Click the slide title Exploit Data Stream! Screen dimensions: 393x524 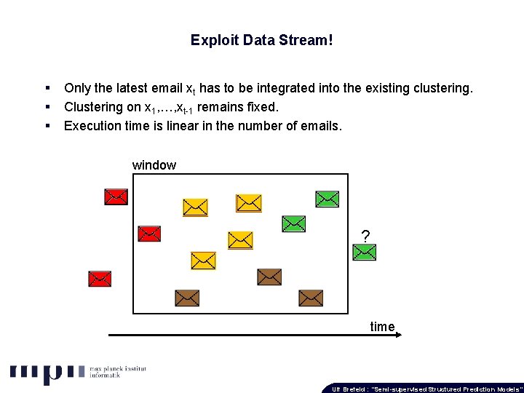pos(262,40)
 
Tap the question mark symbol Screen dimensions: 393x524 pos(365,236)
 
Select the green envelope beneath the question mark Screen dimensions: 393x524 pos(364,253)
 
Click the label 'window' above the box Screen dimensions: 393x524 pos(154,165)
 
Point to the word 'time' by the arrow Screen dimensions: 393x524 pos(382,327)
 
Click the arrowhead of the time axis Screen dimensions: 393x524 pos(397,336)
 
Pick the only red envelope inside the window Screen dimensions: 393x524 pos(149,233)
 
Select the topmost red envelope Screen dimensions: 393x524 pos(116,196)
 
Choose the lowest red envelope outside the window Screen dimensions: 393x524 pos(100,278)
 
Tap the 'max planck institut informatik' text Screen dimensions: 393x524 pos(117,373)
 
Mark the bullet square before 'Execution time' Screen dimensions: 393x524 pos(47,126)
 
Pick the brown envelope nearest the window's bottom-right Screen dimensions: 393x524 pos(311,298)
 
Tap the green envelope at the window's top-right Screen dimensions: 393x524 pos(327,198)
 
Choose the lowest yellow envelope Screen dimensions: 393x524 pos(203,260)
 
